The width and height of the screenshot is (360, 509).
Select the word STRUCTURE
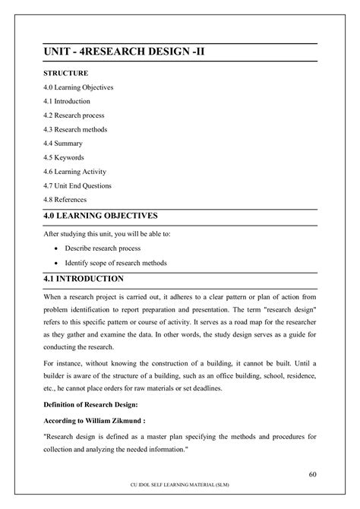click(x=65, y=74)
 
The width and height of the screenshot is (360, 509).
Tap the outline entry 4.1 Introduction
click(x=67, y=101)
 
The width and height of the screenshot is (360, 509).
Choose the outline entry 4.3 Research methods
click(x=77, y=129)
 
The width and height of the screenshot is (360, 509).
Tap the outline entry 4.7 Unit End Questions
click(x=82, y=185)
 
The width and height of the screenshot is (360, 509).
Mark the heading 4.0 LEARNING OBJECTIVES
click(x=110, y=216)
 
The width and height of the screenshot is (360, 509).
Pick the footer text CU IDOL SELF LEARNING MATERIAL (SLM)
click(x=180, y=492)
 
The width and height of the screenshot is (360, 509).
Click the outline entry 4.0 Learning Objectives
click(x=78, y=87)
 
